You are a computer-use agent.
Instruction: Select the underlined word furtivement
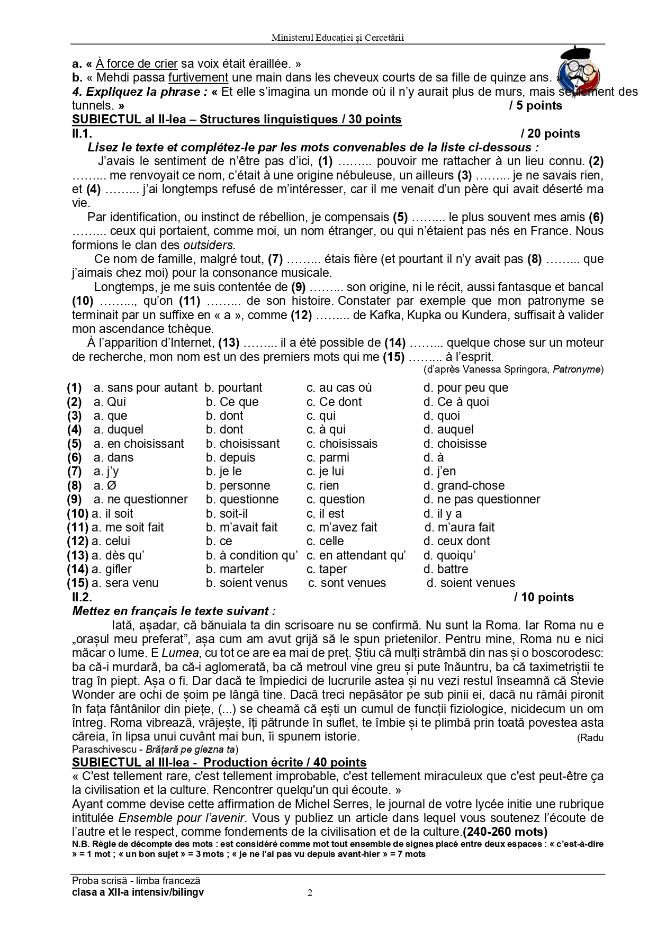(x=198, y=77)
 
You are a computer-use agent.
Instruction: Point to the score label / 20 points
(x=550, y=134)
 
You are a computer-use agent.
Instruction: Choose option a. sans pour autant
(x=146, y=388)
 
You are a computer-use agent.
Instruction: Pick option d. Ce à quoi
(x=456, y=402)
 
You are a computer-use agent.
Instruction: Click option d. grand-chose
(x=464, y=486)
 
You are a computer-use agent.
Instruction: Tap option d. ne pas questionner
(x=481, y=500)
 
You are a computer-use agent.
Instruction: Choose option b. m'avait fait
(x=241, y=528)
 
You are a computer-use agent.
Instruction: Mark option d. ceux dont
(x=456, y=542)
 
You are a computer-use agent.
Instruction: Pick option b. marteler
(x=235, y=570)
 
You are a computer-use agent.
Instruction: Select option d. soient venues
(x=471, y=583)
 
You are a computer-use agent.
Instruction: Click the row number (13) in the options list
(x=77, y=556)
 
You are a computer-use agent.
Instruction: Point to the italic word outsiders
(x=208, y=246)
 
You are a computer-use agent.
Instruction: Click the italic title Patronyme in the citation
(x=577, y=369)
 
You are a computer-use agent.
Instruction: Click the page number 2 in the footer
(x=310, y=894)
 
